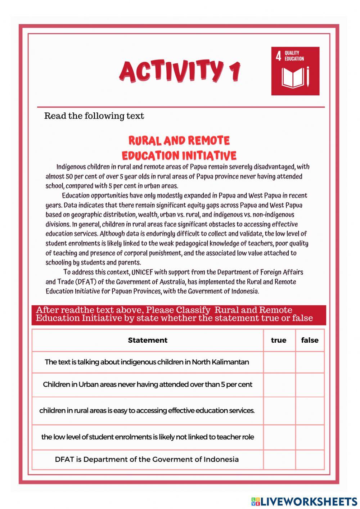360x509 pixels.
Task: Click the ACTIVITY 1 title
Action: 179,71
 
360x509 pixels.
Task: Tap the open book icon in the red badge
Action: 293,77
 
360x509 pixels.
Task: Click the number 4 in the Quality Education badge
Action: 278,56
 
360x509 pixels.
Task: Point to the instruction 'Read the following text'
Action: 94,116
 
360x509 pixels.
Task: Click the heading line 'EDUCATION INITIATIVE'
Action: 179,156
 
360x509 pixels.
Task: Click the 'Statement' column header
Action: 148,340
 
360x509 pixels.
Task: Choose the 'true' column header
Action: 279,340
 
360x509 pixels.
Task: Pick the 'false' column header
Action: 310,340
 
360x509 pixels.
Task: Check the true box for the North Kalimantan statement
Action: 279,362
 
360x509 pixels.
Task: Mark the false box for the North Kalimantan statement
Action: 310,362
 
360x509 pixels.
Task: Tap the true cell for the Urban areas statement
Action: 279,384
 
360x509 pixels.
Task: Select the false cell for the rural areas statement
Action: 310,411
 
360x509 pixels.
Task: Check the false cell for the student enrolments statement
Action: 310,437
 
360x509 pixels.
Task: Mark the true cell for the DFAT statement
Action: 279,459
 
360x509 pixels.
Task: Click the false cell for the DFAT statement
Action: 310,459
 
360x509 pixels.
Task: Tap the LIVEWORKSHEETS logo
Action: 304,501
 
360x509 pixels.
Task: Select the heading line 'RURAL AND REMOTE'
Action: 179,140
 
